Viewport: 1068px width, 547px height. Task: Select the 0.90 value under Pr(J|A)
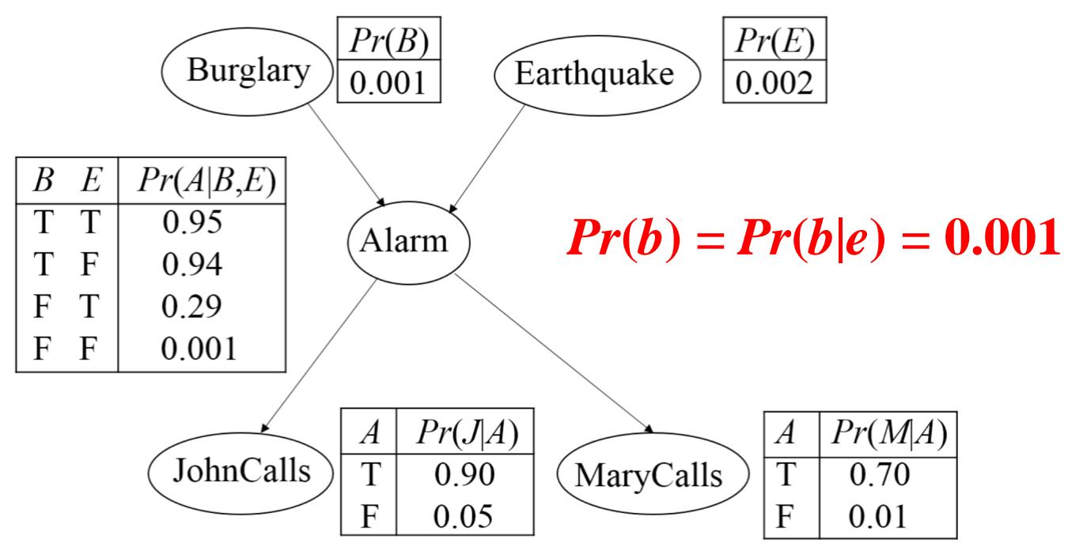[466, 473]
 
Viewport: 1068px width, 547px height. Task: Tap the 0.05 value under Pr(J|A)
[466, 516]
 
